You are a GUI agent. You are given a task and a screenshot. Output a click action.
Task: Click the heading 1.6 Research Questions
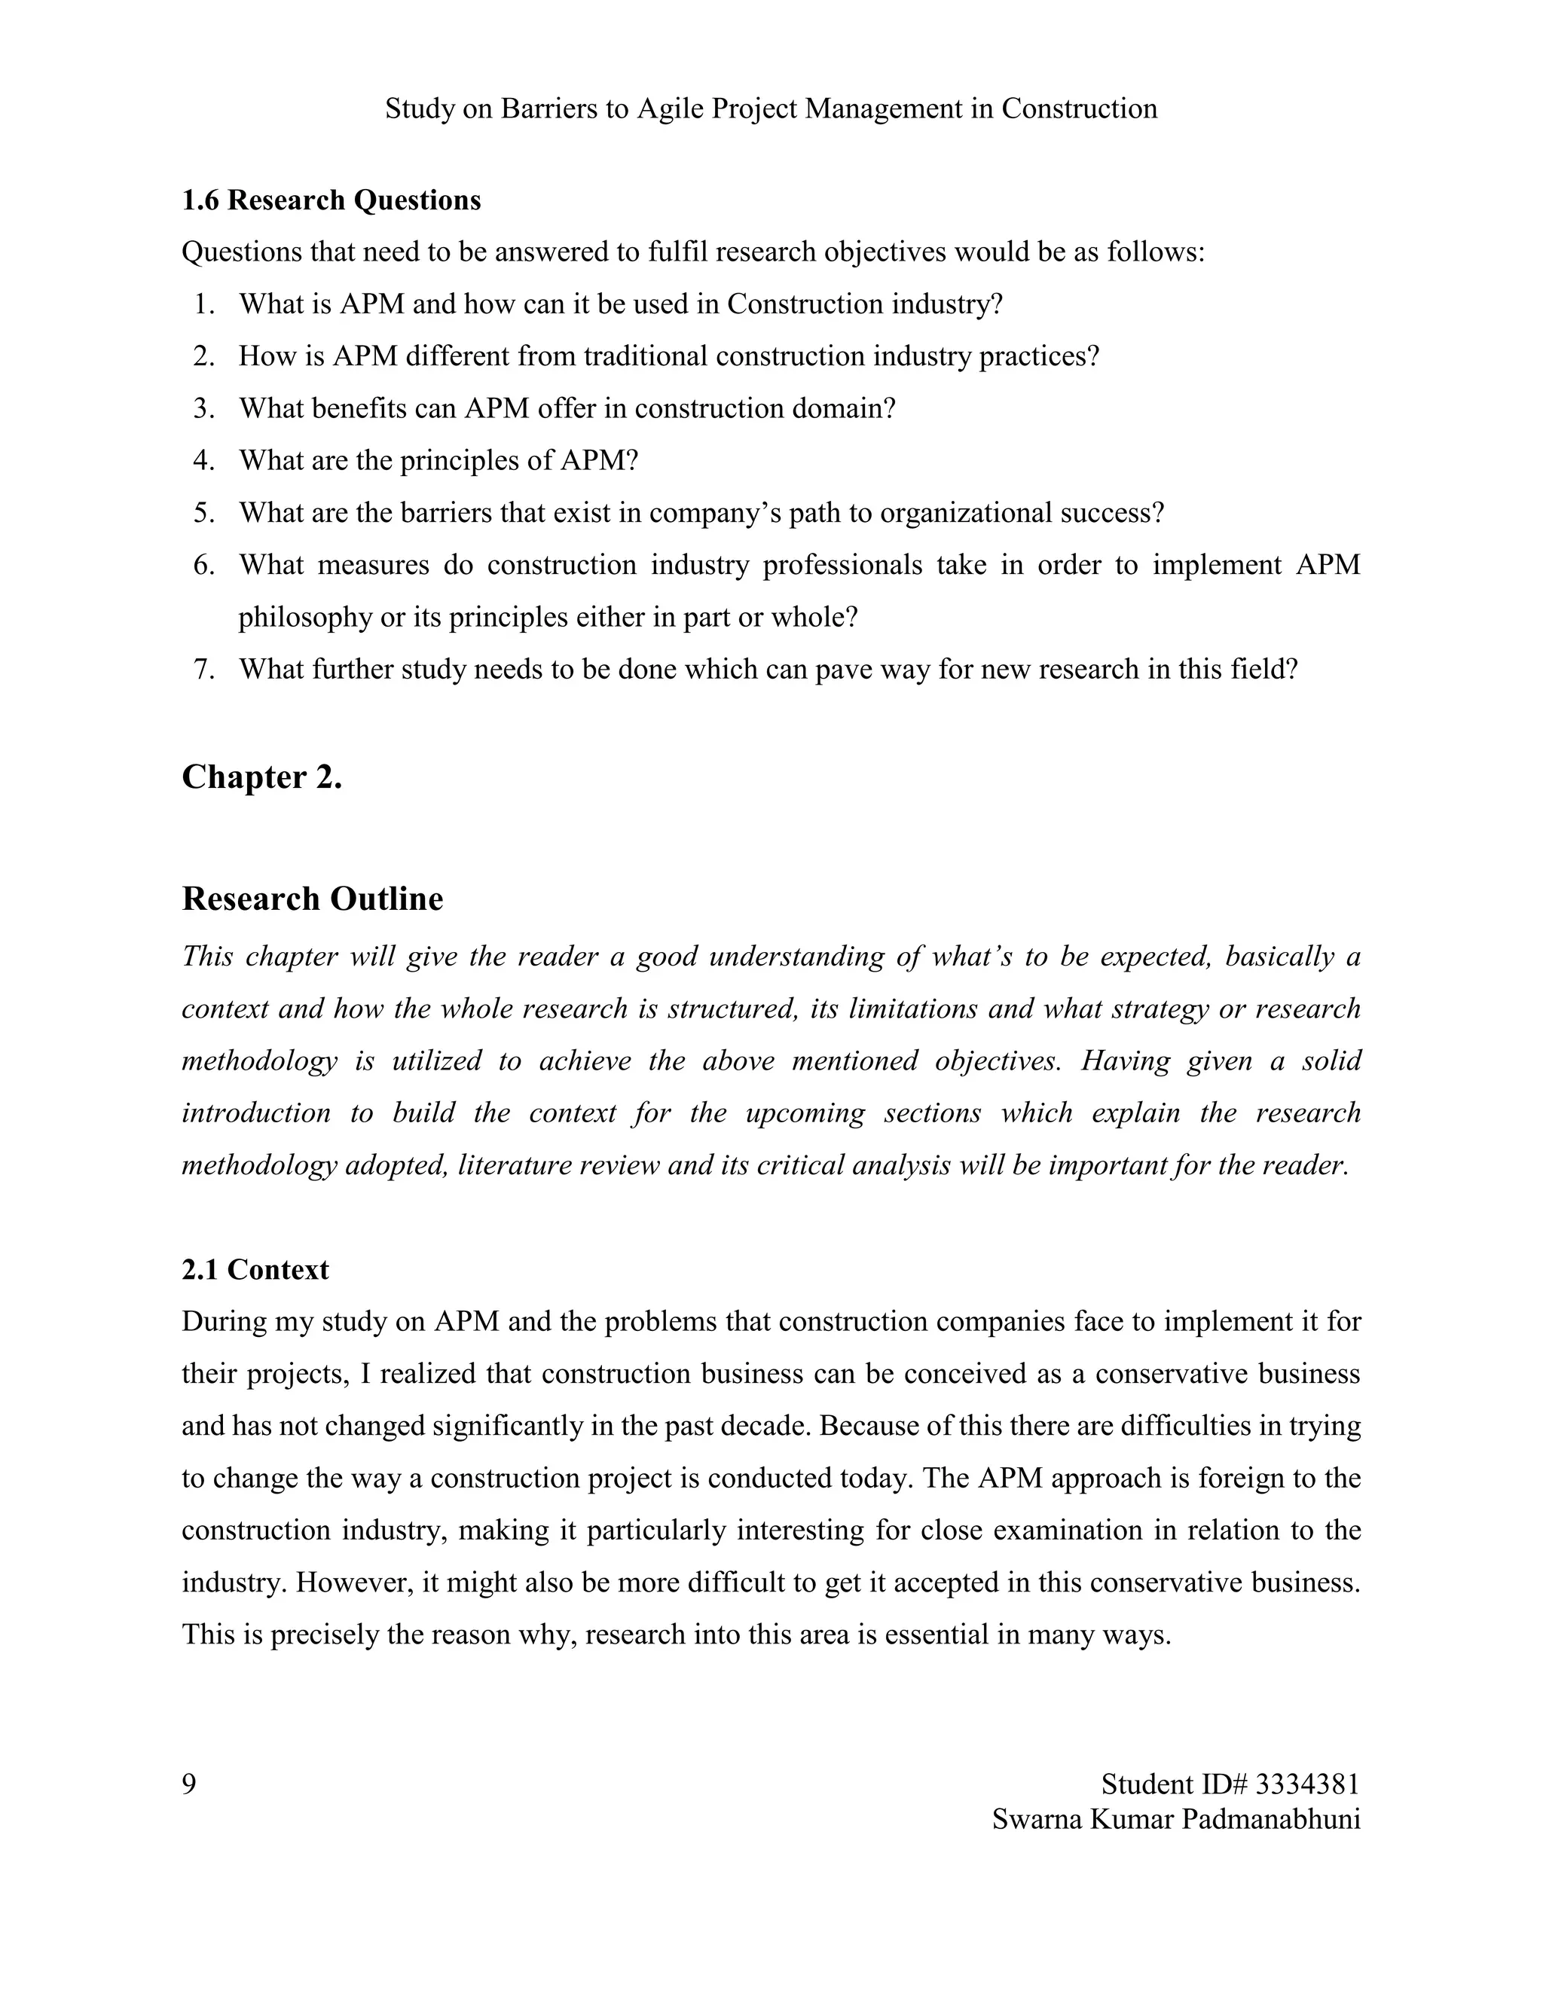(331, 200)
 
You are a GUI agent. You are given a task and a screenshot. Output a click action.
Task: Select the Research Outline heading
(312, 899)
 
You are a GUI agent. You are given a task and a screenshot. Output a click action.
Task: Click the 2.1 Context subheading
(255, 1269)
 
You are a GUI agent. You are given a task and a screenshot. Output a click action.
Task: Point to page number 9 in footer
(189, 1784)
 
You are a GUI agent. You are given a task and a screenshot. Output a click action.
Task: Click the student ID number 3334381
(1307, 1784)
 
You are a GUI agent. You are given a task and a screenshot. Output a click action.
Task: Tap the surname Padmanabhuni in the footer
(1270, 1819)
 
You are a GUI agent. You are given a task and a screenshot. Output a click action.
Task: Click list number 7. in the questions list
(204, 670)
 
